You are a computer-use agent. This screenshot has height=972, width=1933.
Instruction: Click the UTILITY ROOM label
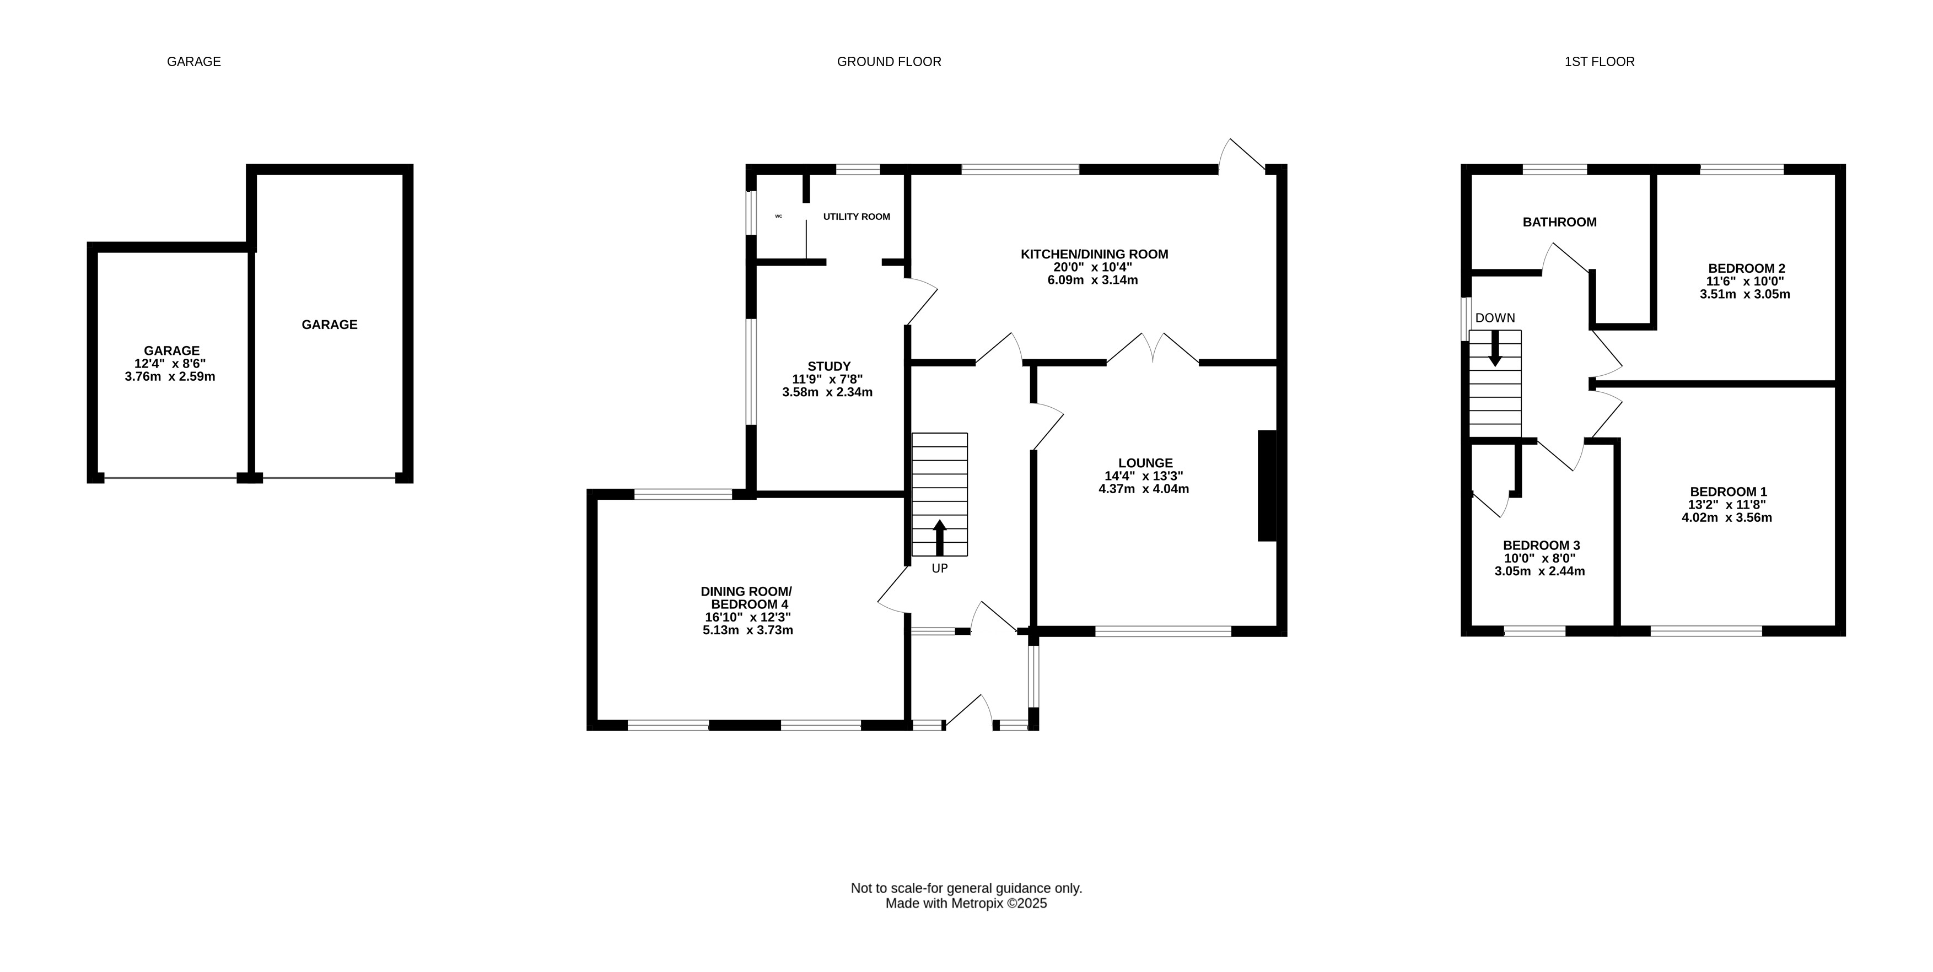tap(856, 217)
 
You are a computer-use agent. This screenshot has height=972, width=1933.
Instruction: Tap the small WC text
tap(778, 216)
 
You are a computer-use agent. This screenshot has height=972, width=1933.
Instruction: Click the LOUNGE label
tap(1145, 463)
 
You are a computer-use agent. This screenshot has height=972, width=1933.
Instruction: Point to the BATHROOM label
tap(1559, 222)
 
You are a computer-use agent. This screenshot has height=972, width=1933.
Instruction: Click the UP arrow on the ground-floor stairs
tap(939, 537)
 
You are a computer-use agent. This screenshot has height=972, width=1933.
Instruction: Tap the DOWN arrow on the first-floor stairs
tap(1495, 349)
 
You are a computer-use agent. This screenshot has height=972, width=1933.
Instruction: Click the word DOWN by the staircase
tap(1495, 318)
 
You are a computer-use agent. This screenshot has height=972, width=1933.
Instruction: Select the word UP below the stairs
tap(939, 569)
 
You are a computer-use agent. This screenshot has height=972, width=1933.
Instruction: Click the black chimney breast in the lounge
tap(1267, 485)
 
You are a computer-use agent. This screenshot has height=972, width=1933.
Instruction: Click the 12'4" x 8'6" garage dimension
tap(170, 364)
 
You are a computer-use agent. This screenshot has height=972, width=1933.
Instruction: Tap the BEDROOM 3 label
tap(1541, 546)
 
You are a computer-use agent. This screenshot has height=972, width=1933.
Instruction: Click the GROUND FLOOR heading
tap(889, 62)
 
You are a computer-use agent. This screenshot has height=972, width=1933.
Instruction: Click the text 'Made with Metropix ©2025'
tap(967, 904)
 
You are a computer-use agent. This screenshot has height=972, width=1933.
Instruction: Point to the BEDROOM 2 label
tap(1746, 268)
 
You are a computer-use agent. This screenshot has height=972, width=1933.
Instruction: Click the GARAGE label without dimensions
tap(330, 325)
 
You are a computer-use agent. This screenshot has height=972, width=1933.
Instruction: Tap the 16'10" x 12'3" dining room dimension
tap(747, 617)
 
